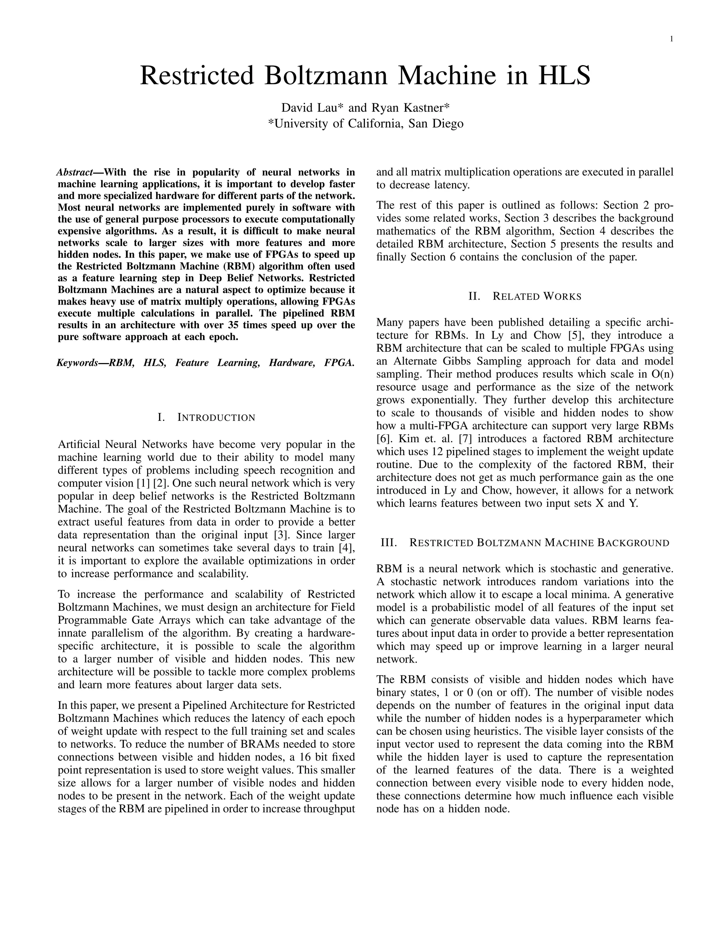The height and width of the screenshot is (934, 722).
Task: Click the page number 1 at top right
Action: pos(671,39)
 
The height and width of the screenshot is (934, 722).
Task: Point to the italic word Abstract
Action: pos(74,172)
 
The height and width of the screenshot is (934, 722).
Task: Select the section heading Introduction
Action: pos(216,417)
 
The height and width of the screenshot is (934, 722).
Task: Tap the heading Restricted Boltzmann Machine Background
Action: pos(539,543)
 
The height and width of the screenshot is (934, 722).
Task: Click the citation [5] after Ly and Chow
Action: pos(573,335)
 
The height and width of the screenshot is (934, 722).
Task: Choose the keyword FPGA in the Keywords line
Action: pos(339,363)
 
